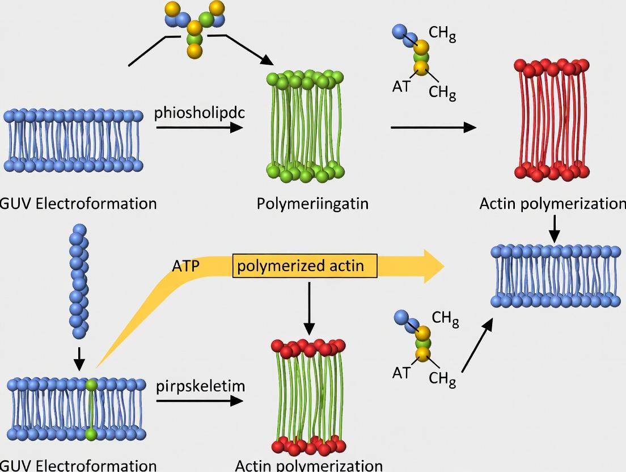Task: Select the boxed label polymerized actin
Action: pos(305,265)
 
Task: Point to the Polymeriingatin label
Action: pos(312,203)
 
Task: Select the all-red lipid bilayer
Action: pos(552,119)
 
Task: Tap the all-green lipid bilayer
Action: pos(306,126)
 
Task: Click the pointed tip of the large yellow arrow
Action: pos(442,265)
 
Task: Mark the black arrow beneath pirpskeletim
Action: pos(199,401)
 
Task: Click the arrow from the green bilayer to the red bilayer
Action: pos(433,127)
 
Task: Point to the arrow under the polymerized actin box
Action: pos(309,307)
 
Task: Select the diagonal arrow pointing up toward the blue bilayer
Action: pos(476,345)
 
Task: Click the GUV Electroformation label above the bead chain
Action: pos(78,203)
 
